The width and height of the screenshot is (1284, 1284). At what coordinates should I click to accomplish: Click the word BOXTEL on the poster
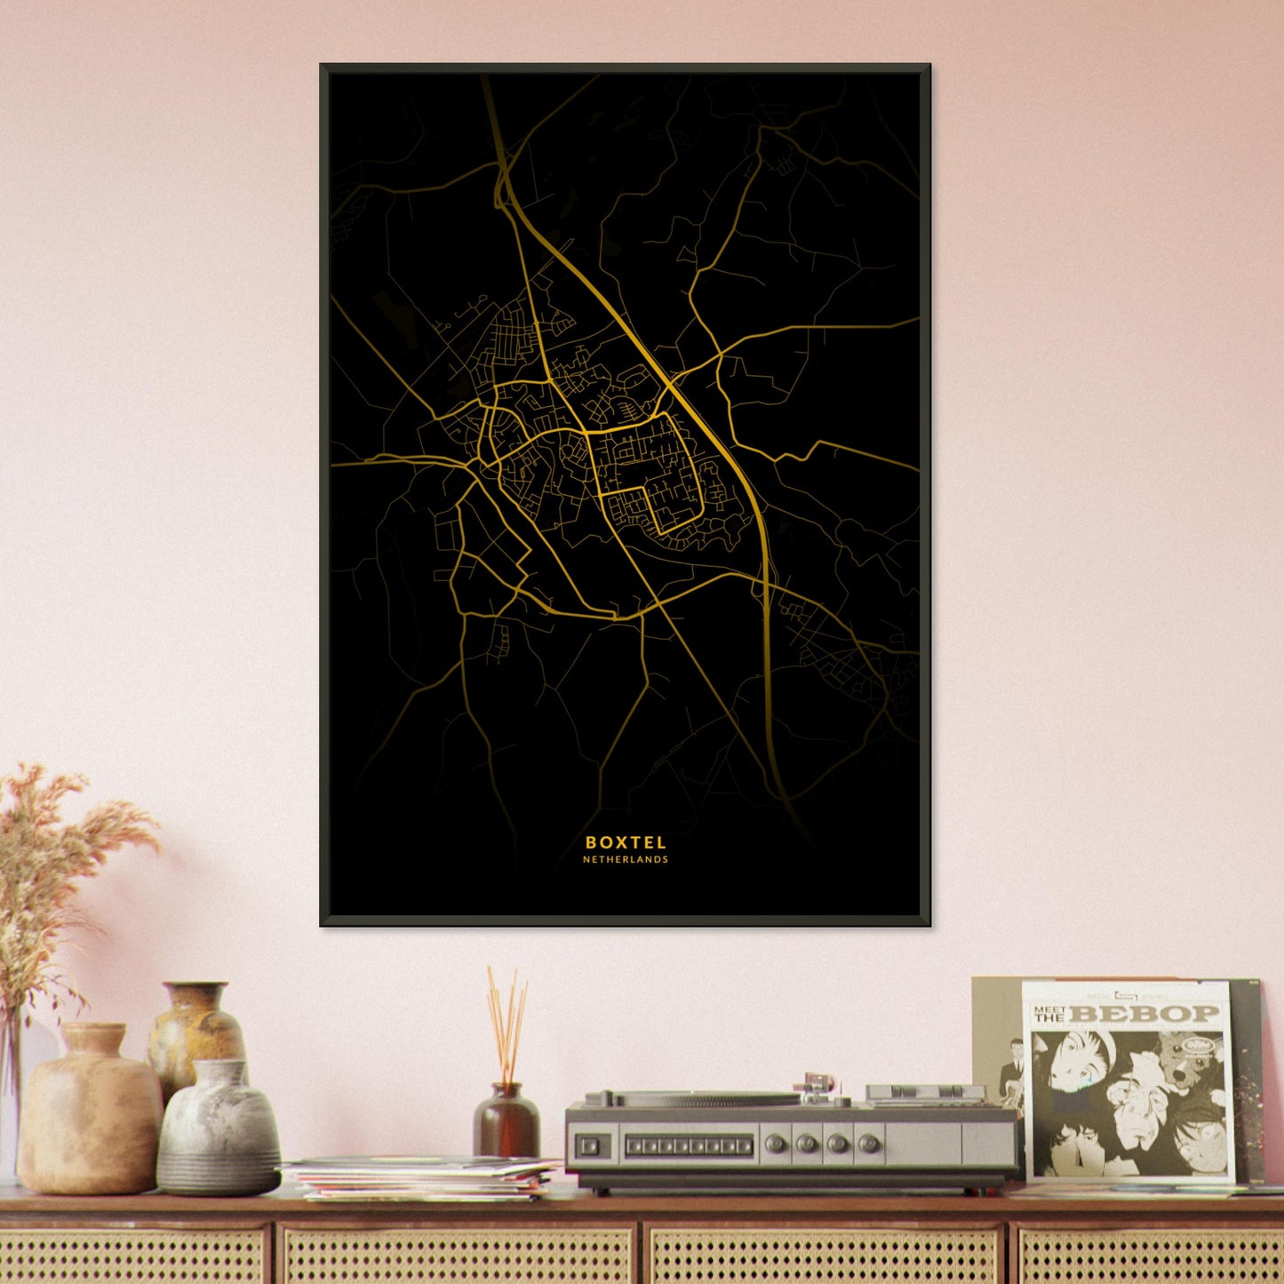pyautogui.click(x=626, y=842)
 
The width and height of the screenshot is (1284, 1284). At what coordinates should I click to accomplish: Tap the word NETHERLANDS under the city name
pyautogui.click(x=626, y=860)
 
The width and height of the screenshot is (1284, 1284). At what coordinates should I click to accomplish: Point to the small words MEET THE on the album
pyautogui.click(x=1049, y=1013)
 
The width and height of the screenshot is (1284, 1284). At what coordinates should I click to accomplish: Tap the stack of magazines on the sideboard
pyautogui.click(x=422, y=1177)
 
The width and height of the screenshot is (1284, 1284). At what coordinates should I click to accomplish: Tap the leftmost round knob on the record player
pyautogui.click(x=775, y=1144)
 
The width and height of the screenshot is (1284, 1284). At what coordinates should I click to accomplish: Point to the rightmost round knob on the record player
pyautogui.click(x=870, y=1144)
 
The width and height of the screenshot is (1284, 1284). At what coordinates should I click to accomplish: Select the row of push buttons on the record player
pyautogui.click(x=689, y=1145)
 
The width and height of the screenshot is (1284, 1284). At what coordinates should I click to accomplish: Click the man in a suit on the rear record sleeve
pyautogui.click(x=1011, y=1075)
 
